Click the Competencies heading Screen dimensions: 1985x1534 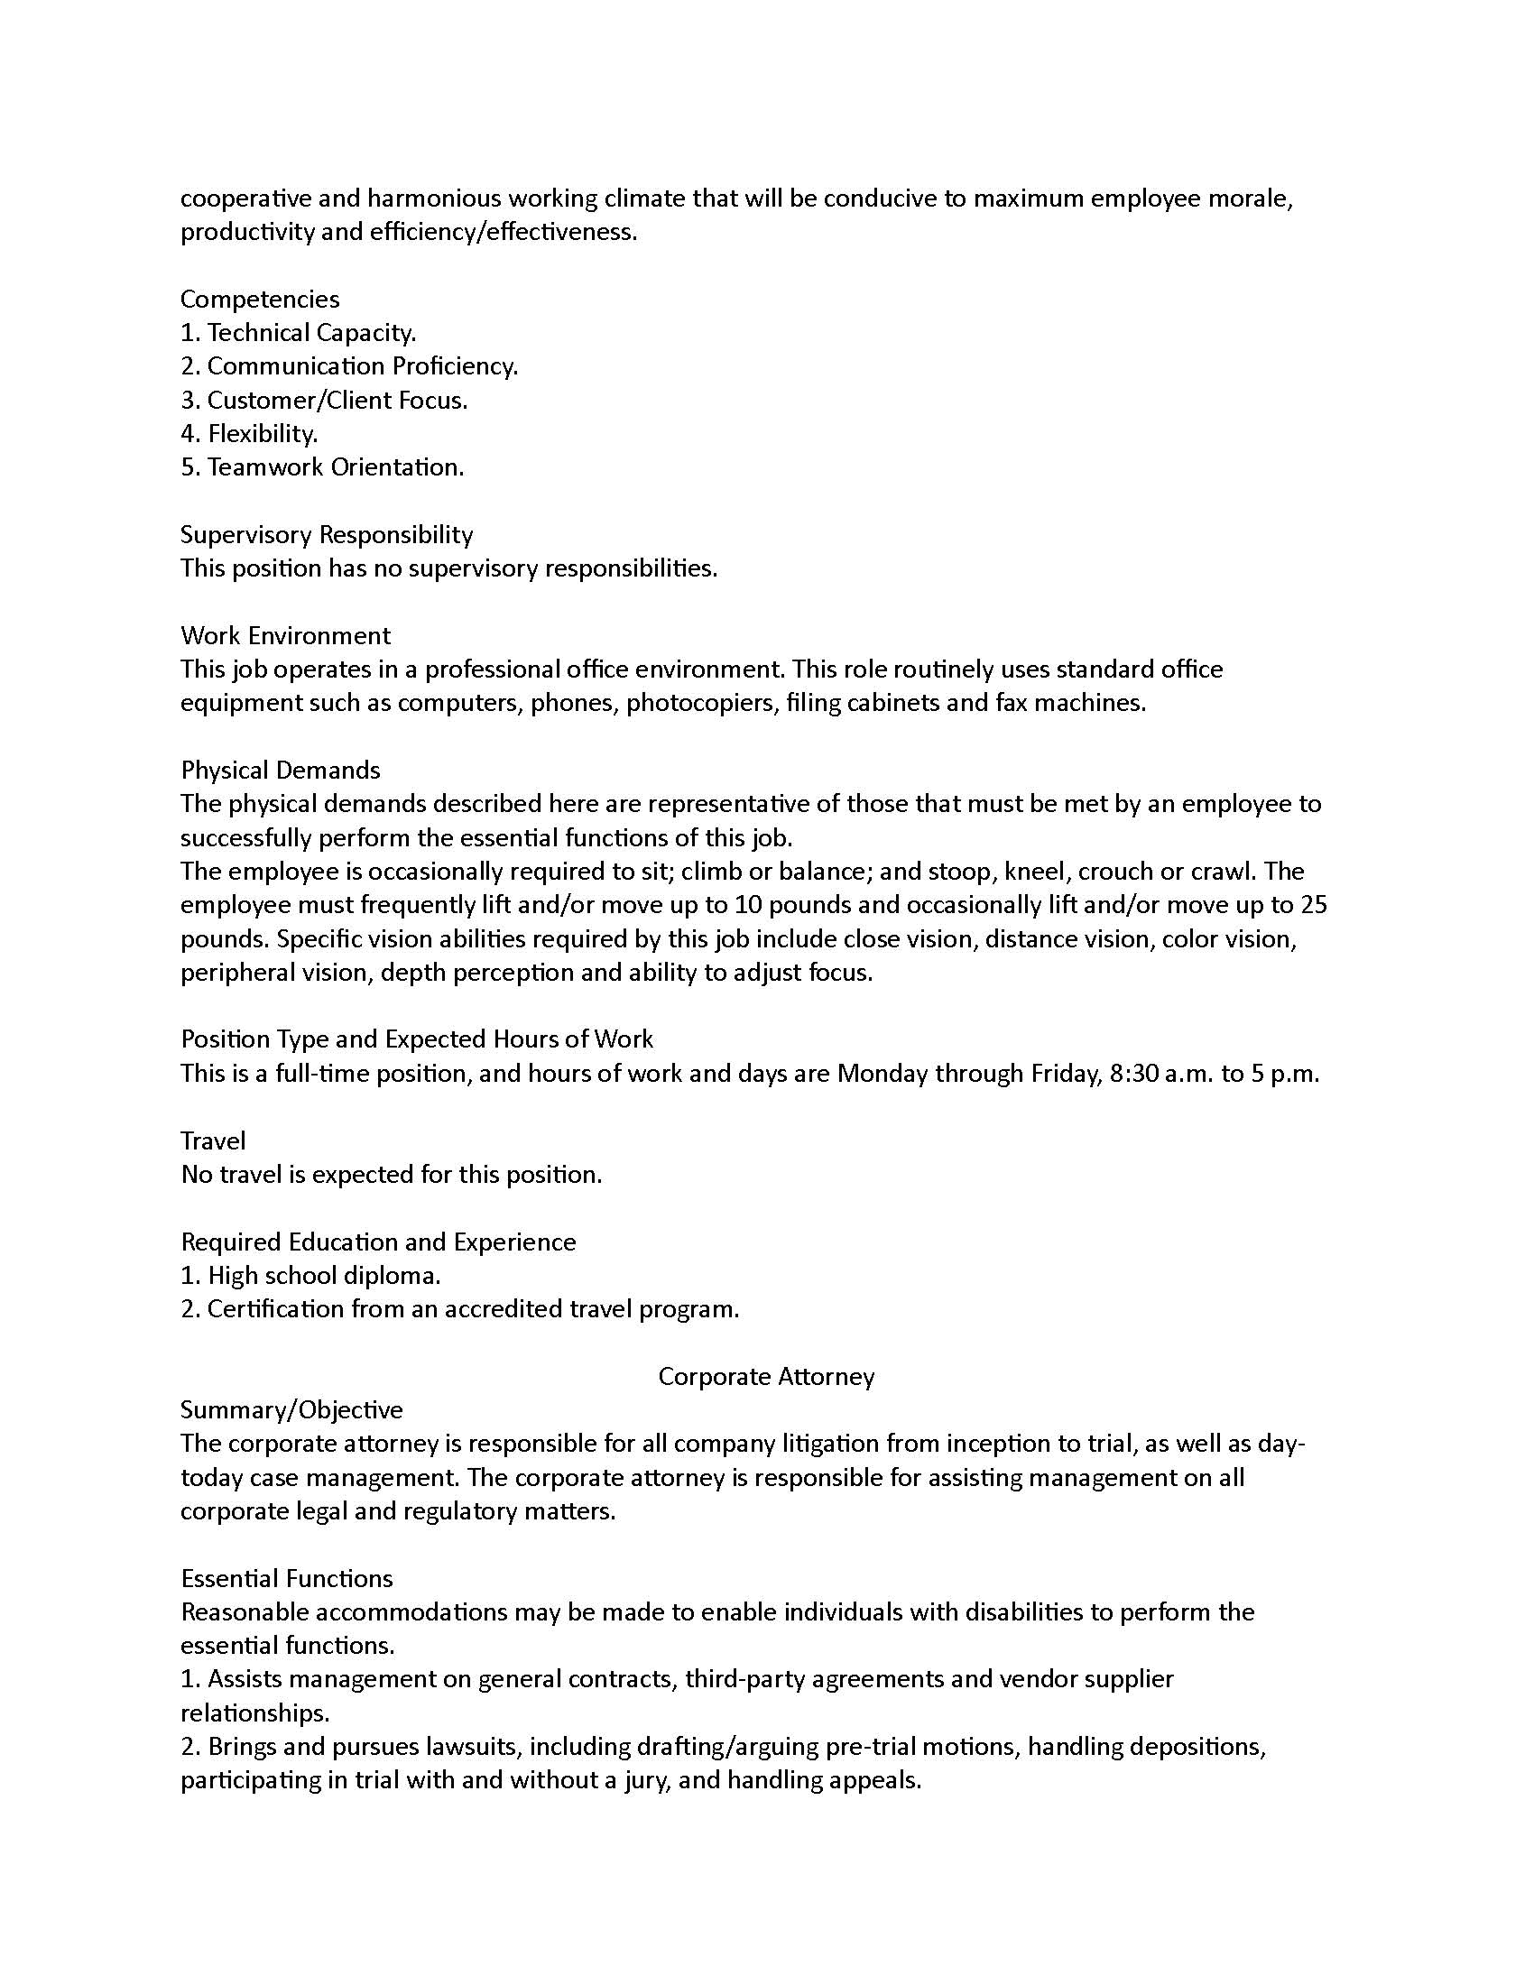[260, 299]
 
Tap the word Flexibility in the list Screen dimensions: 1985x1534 [262, 433]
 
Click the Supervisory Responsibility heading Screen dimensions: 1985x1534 [327, 534]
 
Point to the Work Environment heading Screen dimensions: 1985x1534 [285, 635]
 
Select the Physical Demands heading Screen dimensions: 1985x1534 [280, 770]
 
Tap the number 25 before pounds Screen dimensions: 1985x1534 [1313, 904]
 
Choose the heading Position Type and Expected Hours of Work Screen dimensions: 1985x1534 [416, 1039]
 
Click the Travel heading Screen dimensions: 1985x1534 [213, 1140]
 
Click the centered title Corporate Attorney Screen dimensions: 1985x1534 [766, 1376]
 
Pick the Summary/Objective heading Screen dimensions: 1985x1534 [291, 1409]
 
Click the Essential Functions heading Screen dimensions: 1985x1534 [286, 1578]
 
